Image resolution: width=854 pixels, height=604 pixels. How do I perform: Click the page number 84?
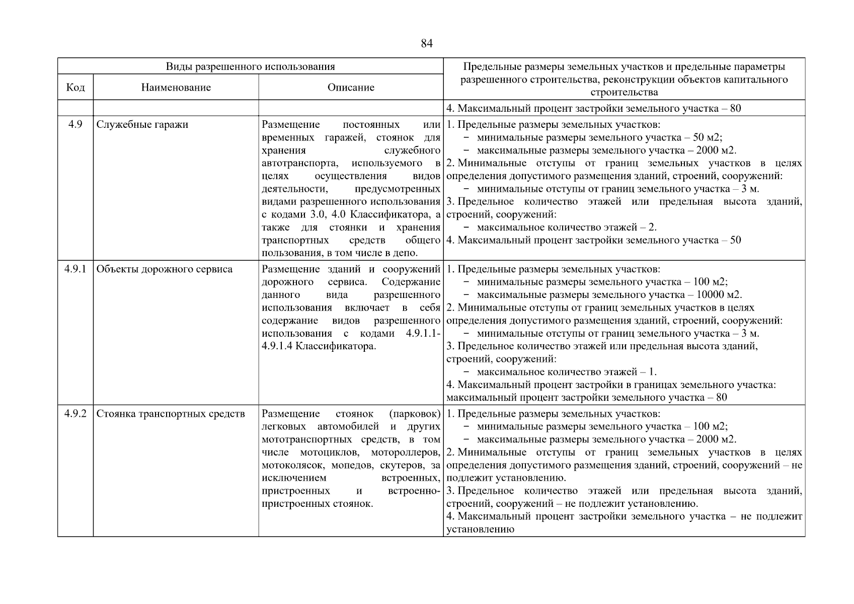tap(426, 44)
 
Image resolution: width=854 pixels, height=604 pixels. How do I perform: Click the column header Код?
tap(75, 88)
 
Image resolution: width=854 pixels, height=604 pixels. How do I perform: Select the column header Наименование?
tap(176, 88)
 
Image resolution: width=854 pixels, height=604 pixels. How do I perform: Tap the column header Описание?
tap(351, 88)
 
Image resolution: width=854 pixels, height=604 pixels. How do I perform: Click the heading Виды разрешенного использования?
tap(250, 66)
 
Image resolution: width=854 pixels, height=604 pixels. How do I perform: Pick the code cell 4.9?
tap(75, 124)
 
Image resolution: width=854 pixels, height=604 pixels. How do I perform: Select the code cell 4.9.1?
tap(75, 269)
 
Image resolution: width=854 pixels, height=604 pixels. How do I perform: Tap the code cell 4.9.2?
tap(75, 414)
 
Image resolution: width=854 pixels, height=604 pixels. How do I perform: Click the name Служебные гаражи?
tap(142, 124)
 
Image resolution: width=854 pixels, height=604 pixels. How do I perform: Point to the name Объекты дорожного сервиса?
tap(164, 269)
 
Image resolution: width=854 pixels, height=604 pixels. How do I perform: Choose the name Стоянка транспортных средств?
tap(170, 414)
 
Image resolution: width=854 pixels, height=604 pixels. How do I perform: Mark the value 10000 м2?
tap(719, 295)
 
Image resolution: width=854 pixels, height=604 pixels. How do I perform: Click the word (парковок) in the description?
tap(414, 414)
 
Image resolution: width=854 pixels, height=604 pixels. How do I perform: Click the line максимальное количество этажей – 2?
tap(567, 227)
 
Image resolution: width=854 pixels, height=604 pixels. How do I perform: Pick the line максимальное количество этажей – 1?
tap(567, 372)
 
